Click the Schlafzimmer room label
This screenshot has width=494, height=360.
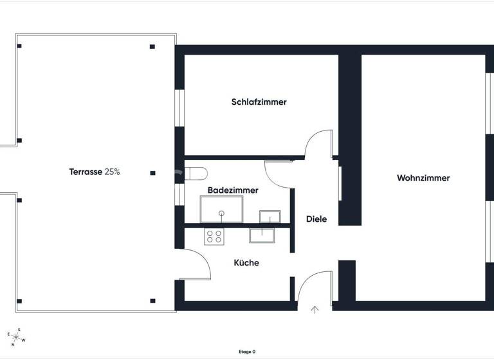[259, 102]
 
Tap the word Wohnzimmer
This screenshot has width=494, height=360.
[423, 178]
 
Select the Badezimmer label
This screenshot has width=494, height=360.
[233, 191]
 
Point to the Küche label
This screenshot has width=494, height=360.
[246, 263]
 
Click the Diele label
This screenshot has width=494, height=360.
[316, 219]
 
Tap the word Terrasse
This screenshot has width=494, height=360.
[86, 172]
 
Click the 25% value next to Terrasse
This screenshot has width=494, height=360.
[113, 172]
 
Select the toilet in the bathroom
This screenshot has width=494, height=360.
[194, 172]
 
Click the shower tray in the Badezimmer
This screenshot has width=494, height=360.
[222, 210]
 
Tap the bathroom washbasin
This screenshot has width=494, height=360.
[270, 216]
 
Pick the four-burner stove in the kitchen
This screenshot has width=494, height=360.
[214, 236]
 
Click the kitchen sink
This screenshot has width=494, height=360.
[263, 235]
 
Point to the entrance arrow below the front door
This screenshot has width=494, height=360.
[315, 310]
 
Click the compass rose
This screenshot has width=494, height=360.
[16, 335]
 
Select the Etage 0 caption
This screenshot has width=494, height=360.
[247, 352]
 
